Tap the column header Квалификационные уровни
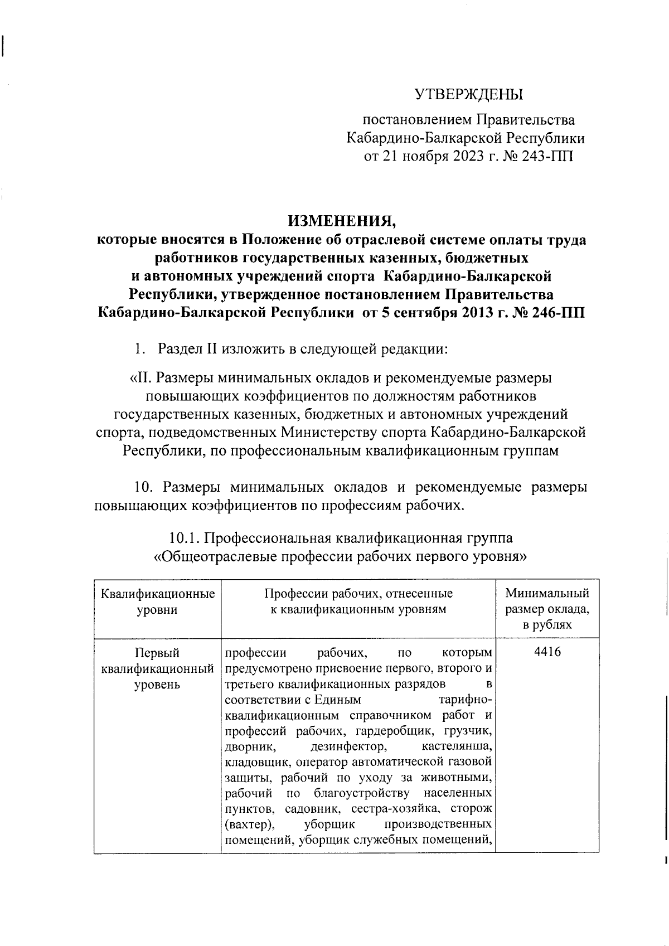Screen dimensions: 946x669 (158, 601)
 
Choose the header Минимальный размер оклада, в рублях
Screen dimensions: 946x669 (547, 609)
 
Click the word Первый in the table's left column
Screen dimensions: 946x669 (157, 652)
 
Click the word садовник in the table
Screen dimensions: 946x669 (308, 808)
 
